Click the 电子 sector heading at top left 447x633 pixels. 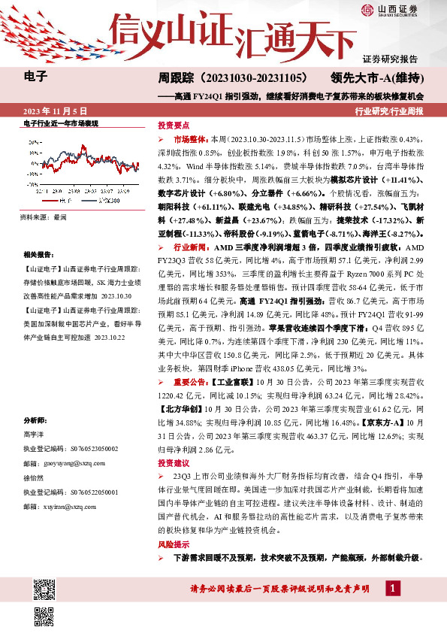click(x=35, y=77)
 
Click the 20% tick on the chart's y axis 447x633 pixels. click(x=32, y=141)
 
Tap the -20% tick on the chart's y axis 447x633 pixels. click(x=32, y=182)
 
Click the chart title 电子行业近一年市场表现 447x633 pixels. click(x=61, y=122)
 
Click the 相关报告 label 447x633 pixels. click(x=38, y=255)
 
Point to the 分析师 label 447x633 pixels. click(x=35, y=420)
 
